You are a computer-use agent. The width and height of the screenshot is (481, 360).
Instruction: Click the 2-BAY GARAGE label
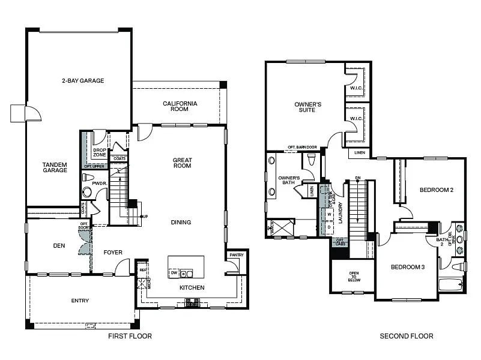[x=82, y=80]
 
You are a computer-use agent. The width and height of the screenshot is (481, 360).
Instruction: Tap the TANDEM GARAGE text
[x=55, y=167]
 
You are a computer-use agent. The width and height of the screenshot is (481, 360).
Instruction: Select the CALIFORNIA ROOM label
[x=180, y=107]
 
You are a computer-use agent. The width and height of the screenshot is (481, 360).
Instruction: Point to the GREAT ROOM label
[x=181, y=163]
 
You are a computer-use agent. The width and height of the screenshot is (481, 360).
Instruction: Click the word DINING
[x=181, y=223]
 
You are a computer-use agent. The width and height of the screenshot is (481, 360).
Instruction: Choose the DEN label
[x=59, y=245]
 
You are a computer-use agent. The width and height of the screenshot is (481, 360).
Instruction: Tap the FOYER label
[x=113, y=253]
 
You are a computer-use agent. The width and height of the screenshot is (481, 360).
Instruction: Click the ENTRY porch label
[x=80, y=301]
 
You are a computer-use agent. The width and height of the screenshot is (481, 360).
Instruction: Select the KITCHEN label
[x=192, y=288]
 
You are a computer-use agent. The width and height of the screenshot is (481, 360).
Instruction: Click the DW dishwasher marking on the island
[x=173, y=273]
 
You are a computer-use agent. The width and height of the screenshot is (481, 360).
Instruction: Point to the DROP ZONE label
[x=99, y=153]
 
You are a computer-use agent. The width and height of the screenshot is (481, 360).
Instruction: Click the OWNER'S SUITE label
[x=308, y=107]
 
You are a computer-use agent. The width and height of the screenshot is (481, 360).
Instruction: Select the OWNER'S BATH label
[x=289, y=181]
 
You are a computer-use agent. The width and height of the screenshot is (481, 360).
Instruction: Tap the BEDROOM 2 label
[x=436, y=190]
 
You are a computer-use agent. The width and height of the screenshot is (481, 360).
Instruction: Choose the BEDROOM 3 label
[x=408, y=267]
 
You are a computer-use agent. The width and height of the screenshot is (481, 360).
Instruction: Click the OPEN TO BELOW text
[x=354, y=276]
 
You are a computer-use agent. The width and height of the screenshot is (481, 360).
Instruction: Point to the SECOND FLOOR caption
[x=407, y=337]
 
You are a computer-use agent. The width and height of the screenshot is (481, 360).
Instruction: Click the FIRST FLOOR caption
[x=130, y=337]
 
